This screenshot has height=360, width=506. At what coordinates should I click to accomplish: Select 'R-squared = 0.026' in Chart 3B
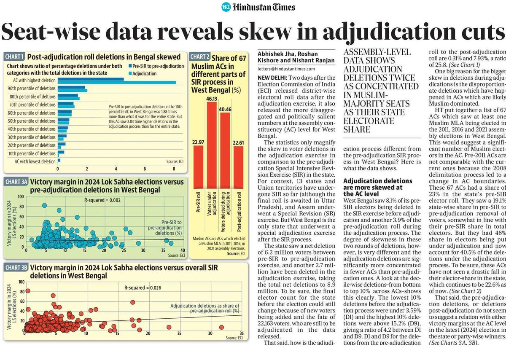point(143,287)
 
